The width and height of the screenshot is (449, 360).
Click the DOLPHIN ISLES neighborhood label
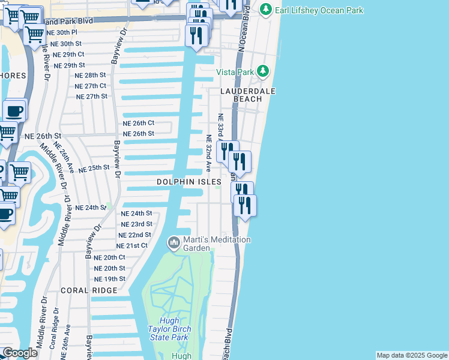pyautogui.click(x=189, y=181)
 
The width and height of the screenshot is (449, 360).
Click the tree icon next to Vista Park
pyautogui.click(x=263, y=72)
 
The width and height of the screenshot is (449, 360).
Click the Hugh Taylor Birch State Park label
pyautogui.click(x=169, y=329)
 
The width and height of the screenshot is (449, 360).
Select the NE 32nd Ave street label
pyautogui.click(x=209, y=154)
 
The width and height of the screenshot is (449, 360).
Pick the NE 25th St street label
pyautogui.click(x=94, y=169)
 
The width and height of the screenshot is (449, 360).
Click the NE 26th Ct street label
pyautogui.click(x=139, y=123)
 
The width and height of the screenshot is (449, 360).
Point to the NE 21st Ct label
pyautogui.click(x=131, y=246)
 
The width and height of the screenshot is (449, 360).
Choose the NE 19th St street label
pyautogui.click(x=109, y=279)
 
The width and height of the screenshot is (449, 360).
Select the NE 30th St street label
pyautogui.click(x=65, y=44)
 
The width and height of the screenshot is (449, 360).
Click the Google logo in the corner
pyautogui.click(x=20, y=353)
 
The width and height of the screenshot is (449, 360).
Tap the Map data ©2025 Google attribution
pyautogui.click(x=411, y=355)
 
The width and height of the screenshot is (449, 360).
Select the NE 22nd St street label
pyautogui.click(x=134, y=235)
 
